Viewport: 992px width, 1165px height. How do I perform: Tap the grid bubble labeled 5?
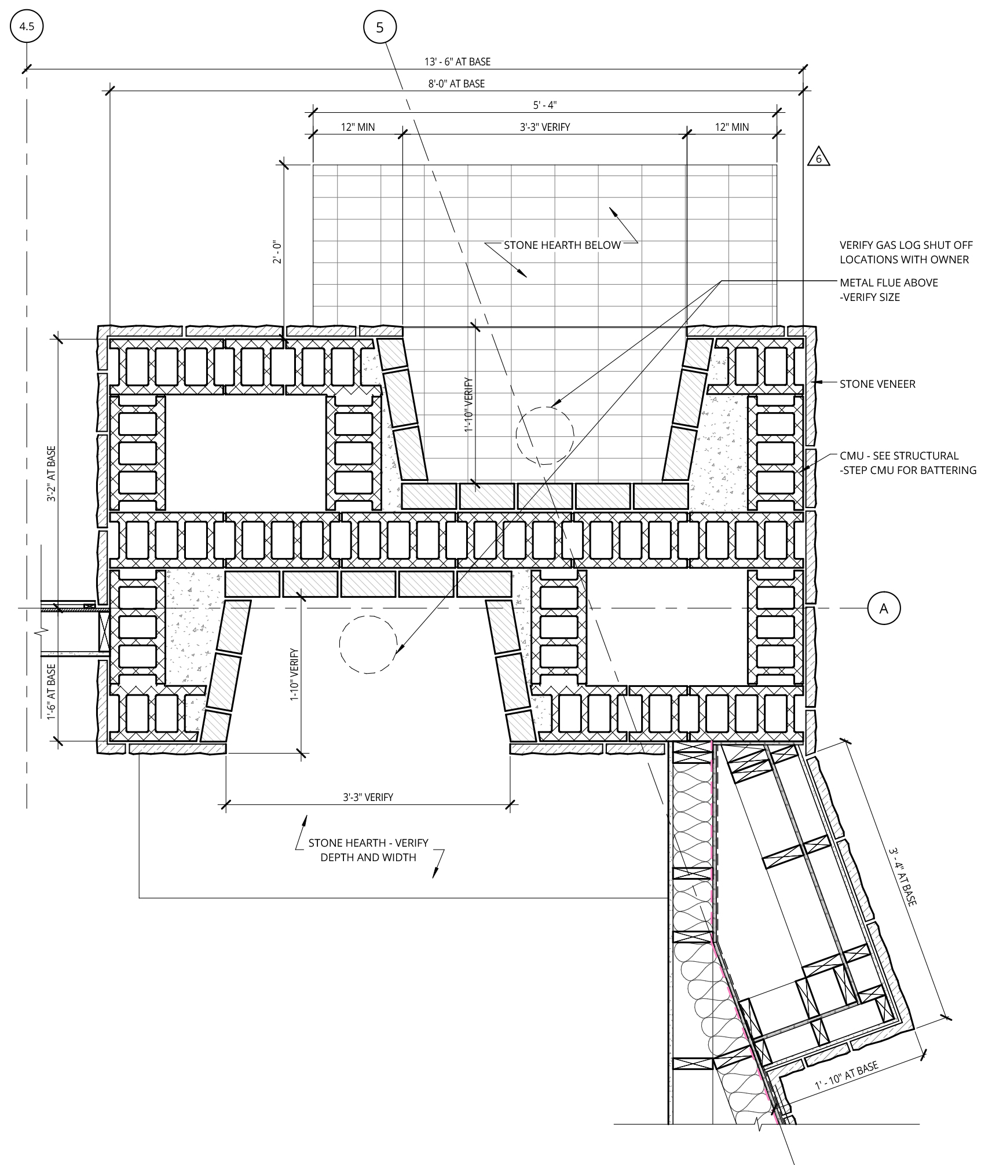tap(380, 27)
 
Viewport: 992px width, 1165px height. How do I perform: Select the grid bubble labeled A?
tap(884, 608)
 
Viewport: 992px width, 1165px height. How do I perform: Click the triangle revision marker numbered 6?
tap(818, 158)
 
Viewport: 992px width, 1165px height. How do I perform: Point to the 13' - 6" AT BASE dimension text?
tap(457, 62)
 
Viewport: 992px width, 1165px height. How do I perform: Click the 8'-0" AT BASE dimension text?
tap(456, 84)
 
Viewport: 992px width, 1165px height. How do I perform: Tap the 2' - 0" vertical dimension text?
tap(278, 253)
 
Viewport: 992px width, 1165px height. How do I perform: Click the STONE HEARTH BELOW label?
tap(562, 245)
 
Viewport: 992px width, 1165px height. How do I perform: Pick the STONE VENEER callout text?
tap(877, 384)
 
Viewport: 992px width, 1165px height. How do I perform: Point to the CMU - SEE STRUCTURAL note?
tap(908, 463)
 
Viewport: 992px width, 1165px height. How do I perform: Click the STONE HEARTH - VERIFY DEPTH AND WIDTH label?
tap(368, 850)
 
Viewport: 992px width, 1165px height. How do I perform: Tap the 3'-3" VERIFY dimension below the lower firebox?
tap(368, 797)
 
